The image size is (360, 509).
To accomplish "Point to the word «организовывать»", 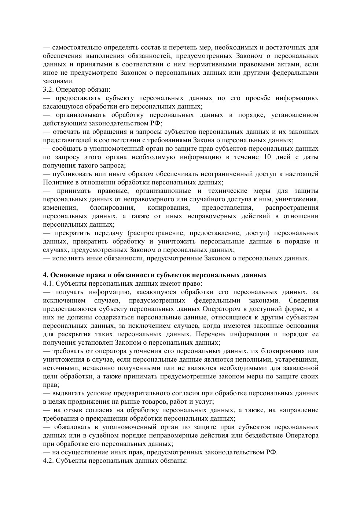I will pyautogui.click(x=79, y=115).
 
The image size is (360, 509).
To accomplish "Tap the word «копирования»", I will pyautogui.click(x=168, y=208).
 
